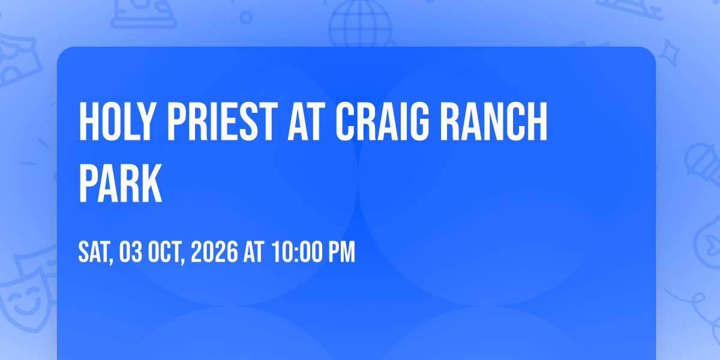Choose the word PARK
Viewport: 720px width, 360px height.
coord(120,183)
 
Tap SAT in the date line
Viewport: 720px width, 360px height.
coord(95,253)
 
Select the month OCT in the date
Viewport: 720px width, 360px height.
coord(164,253)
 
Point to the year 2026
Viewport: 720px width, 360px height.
coord(214,253)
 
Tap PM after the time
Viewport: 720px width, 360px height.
coord(341,253)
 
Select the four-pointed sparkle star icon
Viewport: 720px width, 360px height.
coord(669,53)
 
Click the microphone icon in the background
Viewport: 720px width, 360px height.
coord(703,164)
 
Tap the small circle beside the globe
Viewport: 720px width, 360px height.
coord(246,17)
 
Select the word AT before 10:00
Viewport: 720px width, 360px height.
coord(254,253)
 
